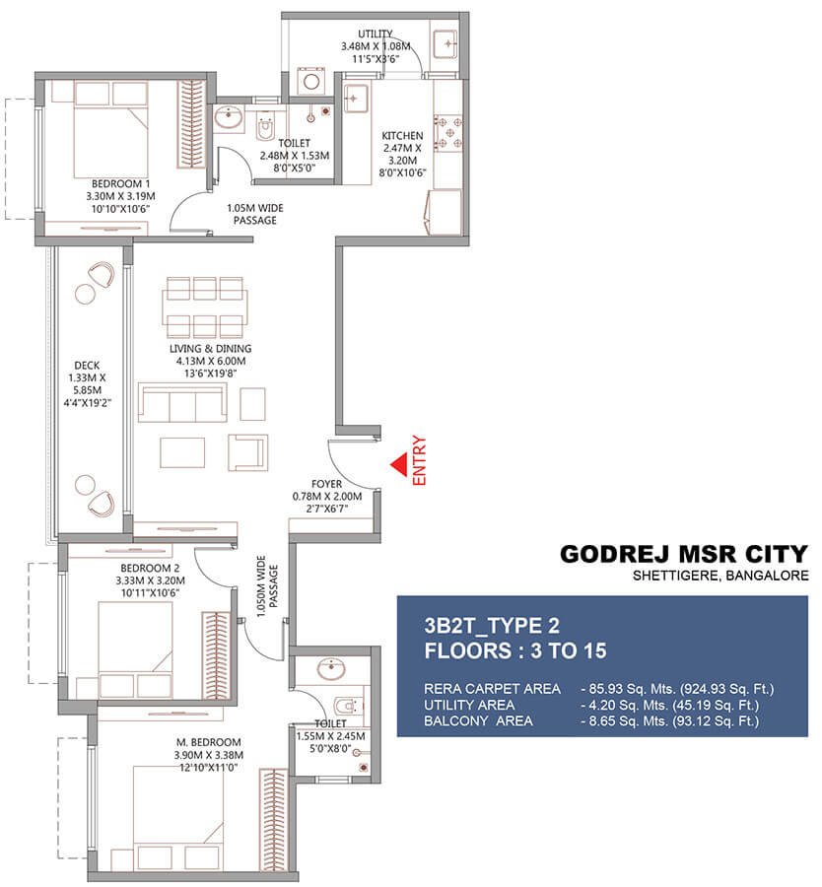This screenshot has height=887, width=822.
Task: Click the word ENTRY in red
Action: (x=421, y=458)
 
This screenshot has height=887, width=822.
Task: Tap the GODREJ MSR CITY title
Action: (x=684, y=554)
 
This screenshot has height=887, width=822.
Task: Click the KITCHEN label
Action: (x=403, y=136)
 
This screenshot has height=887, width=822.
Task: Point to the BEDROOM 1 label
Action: (x=120, y=183)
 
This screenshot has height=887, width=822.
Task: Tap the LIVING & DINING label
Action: (x=209, y=348)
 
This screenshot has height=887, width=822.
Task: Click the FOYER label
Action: (x=326, y=484)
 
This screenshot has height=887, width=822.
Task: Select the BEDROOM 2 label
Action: (x=150, y=569)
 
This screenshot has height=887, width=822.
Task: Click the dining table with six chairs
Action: (x=204, y=307)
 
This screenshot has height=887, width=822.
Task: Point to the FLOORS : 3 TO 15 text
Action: (x=514, y=650)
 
